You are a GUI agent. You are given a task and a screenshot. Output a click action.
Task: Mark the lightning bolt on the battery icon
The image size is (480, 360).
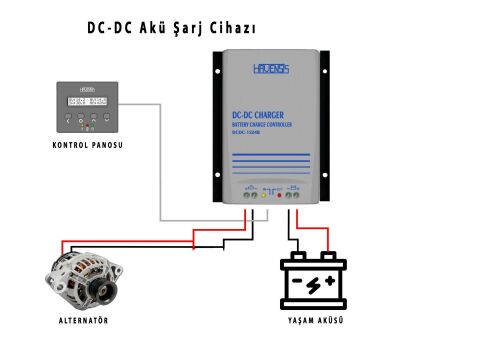pos(313,284)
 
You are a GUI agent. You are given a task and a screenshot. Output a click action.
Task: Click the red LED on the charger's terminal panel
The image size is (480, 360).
pos(278,197)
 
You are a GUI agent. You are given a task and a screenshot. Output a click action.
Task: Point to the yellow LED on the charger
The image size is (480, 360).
pos(263,197)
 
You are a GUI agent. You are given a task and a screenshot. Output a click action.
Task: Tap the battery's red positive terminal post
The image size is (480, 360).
pos(328,258)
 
